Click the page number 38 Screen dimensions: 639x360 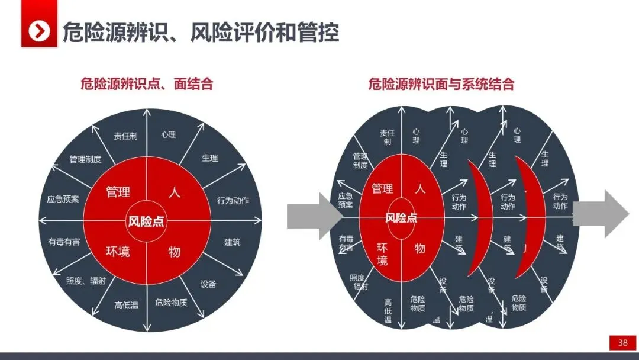tap(622, 343)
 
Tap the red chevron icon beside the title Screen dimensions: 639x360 tap(39, 31)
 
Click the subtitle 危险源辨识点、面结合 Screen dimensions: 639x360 tap(147, 84)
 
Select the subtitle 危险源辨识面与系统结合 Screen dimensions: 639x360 tap(441, 84)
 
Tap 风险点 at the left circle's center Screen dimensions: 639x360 tap(146, 222)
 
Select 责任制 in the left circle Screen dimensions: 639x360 tap(125, 136)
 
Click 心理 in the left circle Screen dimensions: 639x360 tap(168, 134)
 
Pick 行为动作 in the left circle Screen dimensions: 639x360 tap(233, 200)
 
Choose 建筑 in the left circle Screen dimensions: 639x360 tap(233, 242)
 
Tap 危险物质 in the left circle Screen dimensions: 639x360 tap(171, 303)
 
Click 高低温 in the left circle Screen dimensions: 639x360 tap(126, 306)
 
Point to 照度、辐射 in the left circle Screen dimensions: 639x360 tap(86, 281)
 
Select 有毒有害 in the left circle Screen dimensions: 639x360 tap(64, 242)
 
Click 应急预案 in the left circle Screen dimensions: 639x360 tap(63, 200)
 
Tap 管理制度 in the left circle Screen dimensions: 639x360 tap(85, 159)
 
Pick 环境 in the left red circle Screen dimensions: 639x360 tap(118, 252)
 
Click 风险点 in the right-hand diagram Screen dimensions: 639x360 tap(401, 218)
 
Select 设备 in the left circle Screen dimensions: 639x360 tap(208, 284)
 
